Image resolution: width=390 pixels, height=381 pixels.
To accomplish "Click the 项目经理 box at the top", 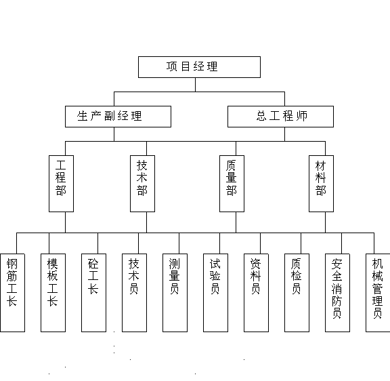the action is pyautogui.click(x=199, y=67).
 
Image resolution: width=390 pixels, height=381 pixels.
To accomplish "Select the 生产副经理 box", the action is pyautogui.click(x=118, y=117).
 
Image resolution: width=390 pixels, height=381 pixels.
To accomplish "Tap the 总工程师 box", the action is pyautogui.click(x=280, y=117).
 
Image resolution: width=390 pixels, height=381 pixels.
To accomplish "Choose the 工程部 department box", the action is pyautogui.click(x=61, y=184).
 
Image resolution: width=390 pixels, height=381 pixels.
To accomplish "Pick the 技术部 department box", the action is pyautogui.click(x=142, y=184).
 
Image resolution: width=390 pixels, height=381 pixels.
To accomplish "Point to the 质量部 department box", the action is pyautogui.click(x=232, y=184).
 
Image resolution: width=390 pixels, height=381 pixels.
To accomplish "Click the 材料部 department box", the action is pyautogui.click(x=321, y=184).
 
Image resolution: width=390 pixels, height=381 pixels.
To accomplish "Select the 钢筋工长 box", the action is pyautogui.click(x=12, y=293).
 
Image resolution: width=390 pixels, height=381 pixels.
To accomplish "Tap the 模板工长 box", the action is pyautogui.click(x=53, y=293).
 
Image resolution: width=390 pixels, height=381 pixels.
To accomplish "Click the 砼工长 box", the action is pyautogui.click(x=93, y=293).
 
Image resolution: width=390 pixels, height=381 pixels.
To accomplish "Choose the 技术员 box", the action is pyautogui.click(x=134, y=293).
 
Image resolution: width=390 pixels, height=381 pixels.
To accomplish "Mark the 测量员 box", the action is pyautogui.click(x=175, y=293).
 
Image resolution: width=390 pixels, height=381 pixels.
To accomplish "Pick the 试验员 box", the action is pyautogui.click(x=215, y=293).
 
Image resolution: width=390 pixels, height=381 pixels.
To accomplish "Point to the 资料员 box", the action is pyautogui.click(x=256, y=293).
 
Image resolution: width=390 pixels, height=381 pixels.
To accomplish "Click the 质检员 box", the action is pyautogui.click(x=297, y=293).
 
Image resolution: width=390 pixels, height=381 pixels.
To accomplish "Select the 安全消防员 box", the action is pyautogui.click(x=337, y=293).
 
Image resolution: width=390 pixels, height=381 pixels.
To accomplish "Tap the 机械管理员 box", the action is pyautogui.click(x=378, y=293).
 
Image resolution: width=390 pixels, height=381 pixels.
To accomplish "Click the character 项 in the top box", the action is pyautogui.click(x=171, y=66).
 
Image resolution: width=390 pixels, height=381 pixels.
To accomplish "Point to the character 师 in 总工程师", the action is pyautogui.click(x=302, y=116).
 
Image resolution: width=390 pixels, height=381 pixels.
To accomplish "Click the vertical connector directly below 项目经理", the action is pyautogui.click(x=195, y=85).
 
